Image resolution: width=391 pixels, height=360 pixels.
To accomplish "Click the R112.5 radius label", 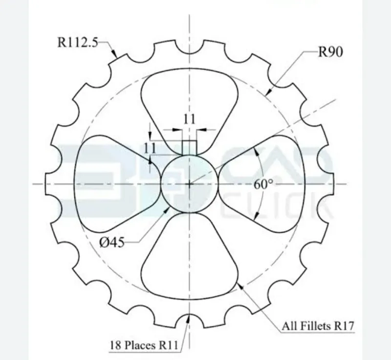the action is pyautogui.click(x=78, y=42).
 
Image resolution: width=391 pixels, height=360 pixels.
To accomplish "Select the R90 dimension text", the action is pyautogui.click(x=330, y=52).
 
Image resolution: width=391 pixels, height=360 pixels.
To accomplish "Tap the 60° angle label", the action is pyautogui.click(x=263, y=184).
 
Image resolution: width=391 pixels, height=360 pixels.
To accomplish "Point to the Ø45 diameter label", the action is pyautogui.click(x=111, y=242).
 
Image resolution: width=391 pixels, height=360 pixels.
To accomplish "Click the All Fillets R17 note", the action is pyautogui.click(x=318, y=326).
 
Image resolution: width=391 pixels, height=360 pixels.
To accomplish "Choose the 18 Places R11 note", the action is pyautogui.click(x=144, y=345).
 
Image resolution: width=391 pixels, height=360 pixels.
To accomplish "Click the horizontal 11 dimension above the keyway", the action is pyautogui.click(x=189, y=119).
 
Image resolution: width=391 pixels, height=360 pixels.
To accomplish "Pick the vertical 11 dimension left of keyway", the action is pyautogui.click(x=150, y=148).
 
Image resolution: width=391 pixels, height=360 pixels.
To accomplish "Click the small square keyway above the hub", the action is pyautogui.click(x=190, y=148).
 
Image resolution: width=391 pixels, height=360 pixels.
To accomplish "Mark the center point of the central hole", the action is pyautogui.click(x=190, y=184).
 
